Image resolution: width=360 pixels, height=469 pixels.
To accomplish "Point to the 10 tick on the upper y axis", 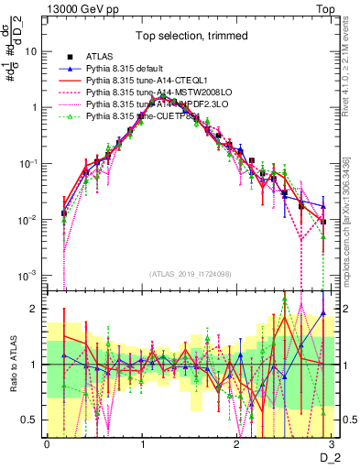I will point(32,51).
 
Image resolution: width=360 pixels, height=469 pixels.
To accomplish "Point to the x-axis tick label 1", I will point(142,442).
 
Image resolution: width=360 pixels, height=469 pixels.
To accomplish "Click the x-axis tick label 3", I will point(332,442).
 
